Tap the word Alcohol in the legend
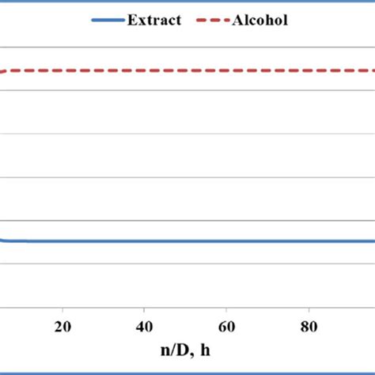259,20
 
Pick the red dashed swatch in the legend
210,20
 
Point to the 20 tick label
62,328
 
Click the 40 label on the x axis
144,328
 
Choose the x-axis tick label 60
226,328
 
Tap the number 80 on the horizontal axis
309,328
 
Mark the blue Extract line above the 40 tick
144,241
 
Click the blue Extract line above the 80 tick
309,241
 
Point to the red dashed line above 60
226,71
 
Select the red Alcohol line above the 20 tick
62,71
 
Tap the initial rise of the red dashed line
4,73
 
